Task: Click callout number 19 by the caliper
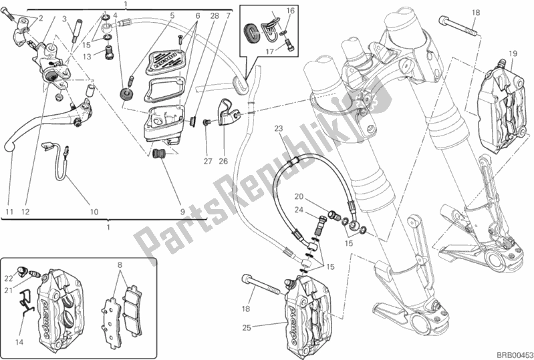tap(513, 53)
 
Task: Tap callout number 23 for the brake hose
tap(279, 128)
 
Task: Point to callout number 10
tap(94, 212)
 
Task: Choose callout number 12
tap(26, 212)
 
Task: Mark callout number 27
tap(207, 161)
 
